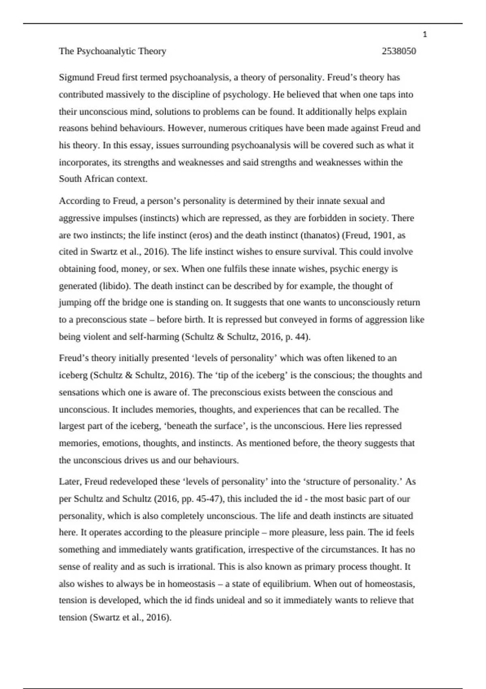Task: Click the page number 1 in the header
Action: [x=425, y=35]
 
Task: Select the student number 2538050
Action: [x=399, y=51]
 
